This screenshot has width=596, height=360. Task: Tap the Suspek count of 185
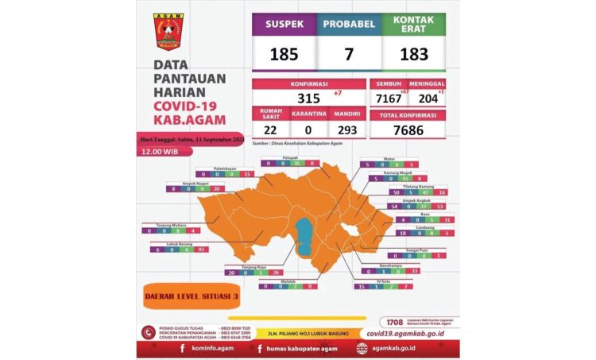point(284,55)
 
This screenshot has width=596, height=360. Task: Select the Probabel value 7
point(349,55)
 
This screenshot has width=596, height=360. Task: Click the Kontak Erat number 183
point(414,55)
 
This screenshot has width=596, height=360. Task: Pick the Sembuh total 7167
point(386,97)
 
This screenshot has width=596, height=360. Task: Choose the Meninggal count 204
point(428,97)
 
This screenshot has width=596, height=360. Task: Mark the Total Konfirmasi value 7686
point(407,130)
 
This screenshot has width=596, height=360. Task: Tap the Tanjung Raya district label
point(244,266)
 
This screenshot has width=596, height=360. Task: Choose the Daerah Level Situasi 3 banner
point(192,296)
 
